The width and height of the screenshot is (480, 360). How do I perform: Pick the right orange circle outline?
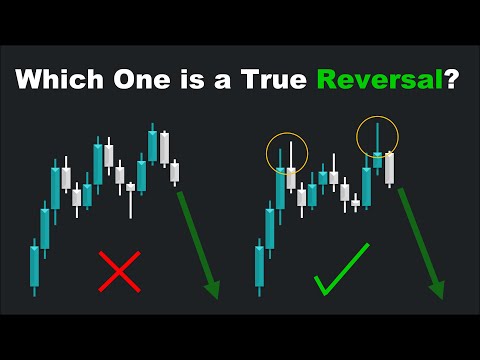pyautogui.click(x=377, y=137)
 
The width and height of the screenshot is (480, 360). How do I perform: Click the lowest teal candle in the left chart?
pyautogui.click(x=34, y=266)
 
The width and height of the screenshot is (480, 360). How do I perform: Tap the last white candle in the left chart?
pyautogui.click(x=174, y=171)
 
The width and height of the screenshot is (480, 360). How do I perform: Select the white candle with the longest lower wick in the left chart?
pyautogui.click(x=131, y=186)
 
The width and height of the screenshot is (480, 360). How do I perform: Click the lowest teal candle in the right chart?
pyautogui.click(x=260, y=266)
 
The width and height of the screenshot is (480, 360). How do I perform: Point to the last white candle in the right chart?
pyautogui.click(x=390, y=166)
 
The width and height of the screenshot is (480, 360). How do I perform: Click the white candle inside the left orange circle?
pyautogui.click(x=291, y=177)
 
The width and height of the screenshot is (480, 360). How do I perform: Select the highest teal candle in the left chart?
pyautogui.click(x=153, y=146)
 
